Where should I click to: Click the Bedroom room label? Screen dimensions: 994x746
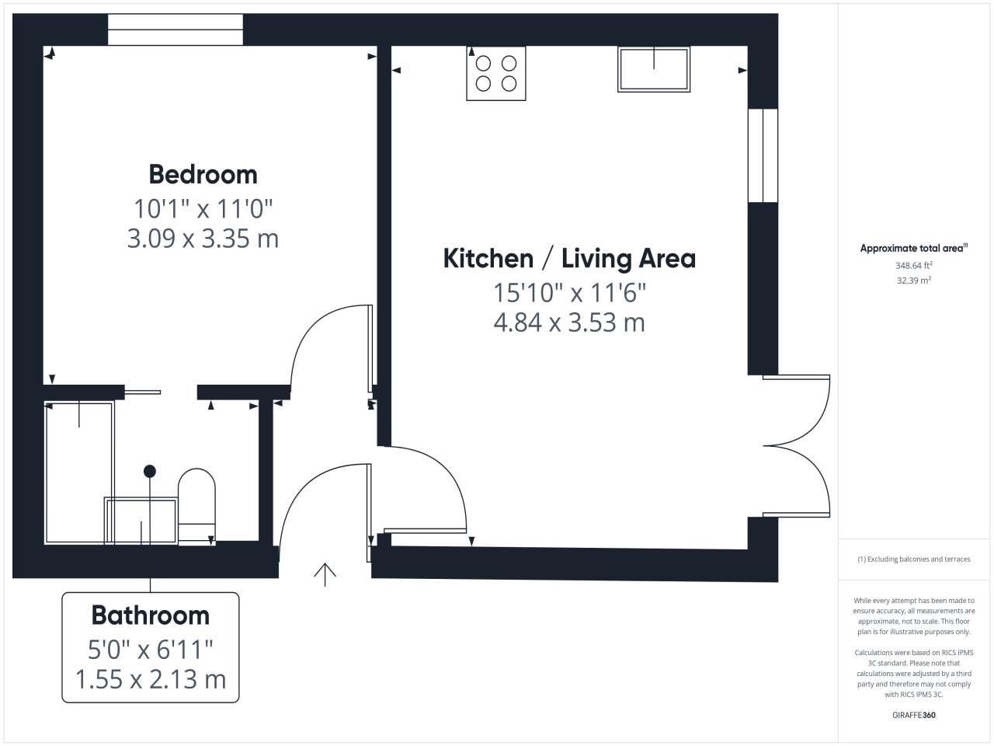tap(203, 174)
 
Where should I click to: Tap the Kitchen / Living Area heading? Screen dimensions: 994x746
tap(569, 259)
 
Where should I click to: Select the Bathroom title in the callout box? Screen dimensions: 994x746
tap(151, 615)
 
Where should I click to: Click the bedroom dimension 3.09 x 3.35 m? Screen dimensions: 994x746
tap(203, 239)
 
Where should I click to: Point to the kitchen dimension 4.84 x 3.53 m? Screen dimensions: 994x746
tap(569, 322)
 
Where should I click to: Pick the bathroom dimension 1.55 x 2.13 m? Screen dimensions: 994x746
tap(151, 679)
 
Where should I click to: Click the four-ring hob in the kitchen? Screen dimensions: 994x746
tap(496, 73)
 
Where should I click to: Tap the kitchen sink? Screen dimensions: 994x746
tap(654, 69)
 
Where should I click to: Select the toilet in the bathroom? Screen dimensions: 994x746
tap(196, 507)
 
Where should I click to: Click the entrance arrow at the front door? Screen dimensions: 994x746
tap(325, 574)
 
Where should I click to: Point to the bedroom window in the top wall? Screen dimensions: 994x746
tap(176, 30)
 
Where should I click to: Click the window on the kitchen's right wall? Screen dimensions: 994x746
tap(763, 155)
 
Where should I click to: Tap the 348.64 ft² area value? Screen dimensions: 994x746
tap(914, 266)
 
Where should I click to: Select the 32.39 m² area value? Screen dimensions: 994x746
tap(914, 281)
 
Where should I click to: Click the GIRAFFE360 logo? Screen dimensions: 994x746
tap(914, 715)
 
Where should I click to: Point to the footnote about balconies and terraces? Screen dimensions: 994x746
tap(914, 559)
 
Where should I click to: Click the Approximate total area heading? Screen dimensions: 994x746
tap(914, 248)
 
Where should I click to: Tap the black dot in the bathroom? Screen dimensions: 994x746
tap(150, 472)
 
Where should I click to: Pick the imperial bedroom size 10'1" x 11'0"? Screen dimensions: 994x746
tap(203, 209)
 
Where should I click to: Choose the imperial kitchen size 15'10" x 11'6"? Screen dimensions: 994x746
tap(569, 293)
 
